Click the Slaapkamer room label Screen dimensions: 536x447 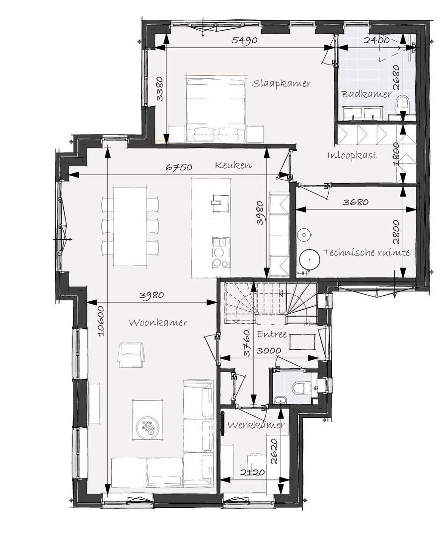281,83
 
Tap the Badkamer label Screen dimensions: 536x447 366,94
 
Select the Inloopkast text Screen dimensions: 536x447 352,155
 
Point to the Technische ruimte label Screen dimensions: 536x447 367,253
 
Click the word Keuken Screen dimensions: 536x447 233,165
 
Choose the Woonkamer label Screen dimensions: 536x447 158,323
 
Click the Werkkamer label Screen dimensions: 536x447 256,425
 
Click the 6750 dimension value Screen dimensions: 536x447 179,168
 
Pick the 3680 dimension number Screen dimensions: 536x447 356,202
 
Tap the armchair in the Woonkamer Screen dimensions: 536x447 131,355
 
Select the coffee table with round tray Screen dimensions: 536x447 147,419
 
